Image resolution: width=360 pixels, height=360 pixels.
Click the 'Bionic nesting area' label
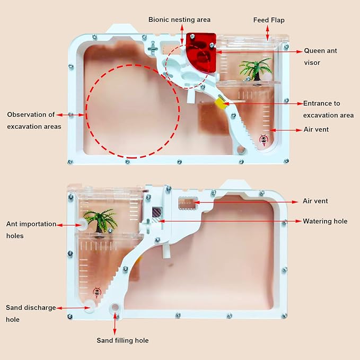[x=179, y=20]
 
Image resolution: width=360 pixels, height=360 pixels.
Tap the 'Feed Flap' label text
[x=269, y=20]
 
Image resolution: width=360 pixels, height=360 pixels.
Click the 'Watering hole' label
[x=325, y=221]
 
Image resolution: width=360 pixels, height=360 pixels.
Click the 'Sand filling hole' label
[x=122, y=340]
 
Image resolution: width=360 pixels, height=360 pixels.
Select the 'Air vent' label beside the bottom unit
[x=315, y=201]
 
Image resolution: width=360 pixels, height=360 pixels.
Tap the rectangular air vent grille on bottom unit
[x=187, y=203]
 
